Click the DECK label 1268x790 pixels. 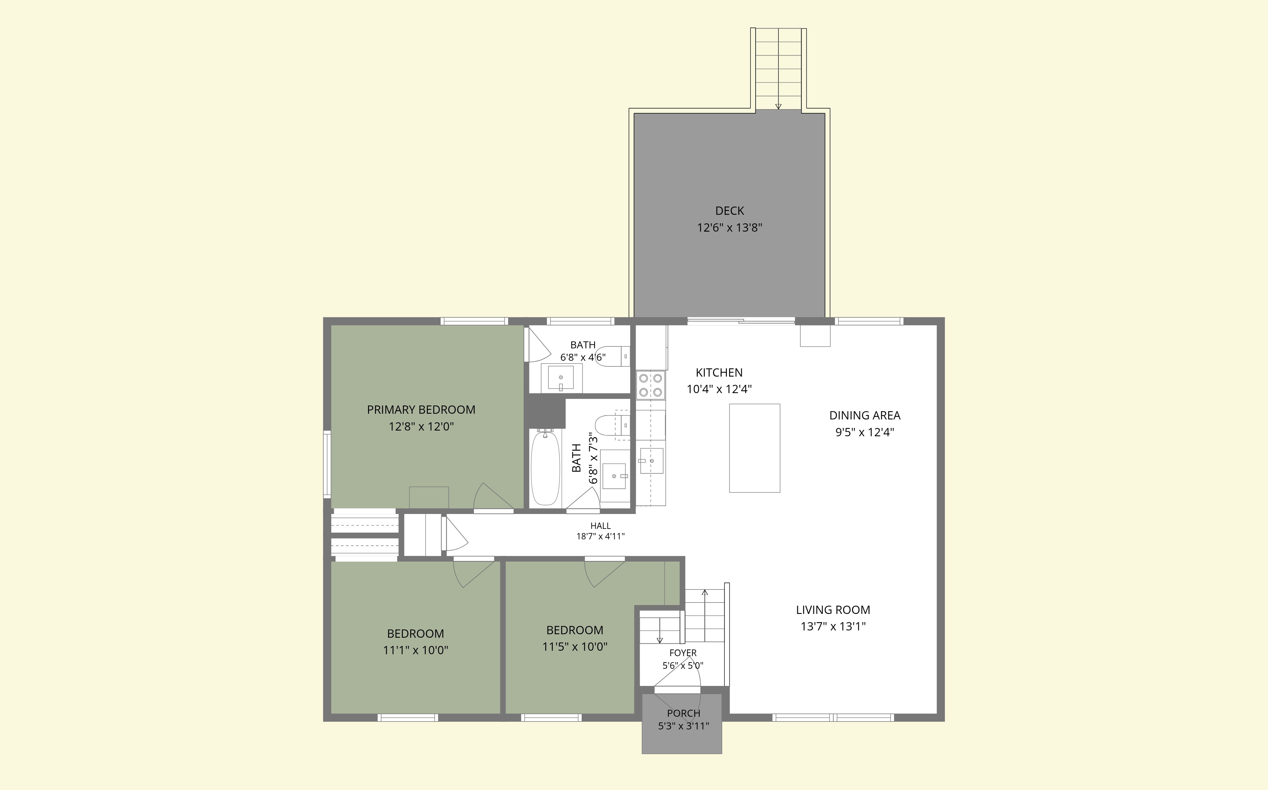point(729,211)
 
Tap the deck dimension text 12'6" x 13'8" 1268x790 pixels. point(730,228)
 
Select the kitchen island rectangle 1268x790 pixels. point(754,448)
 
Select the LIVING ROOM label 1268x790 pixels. point(833,610)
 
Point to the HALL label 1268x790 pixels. point(600,526)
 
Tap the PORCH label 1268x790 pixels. point(683,713)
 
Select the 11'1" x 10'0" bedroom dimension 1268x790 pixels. point(416,650)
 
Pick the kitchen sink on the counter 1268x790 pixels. point(651,461)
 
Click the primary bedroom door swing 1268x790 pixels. point(493,496)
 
